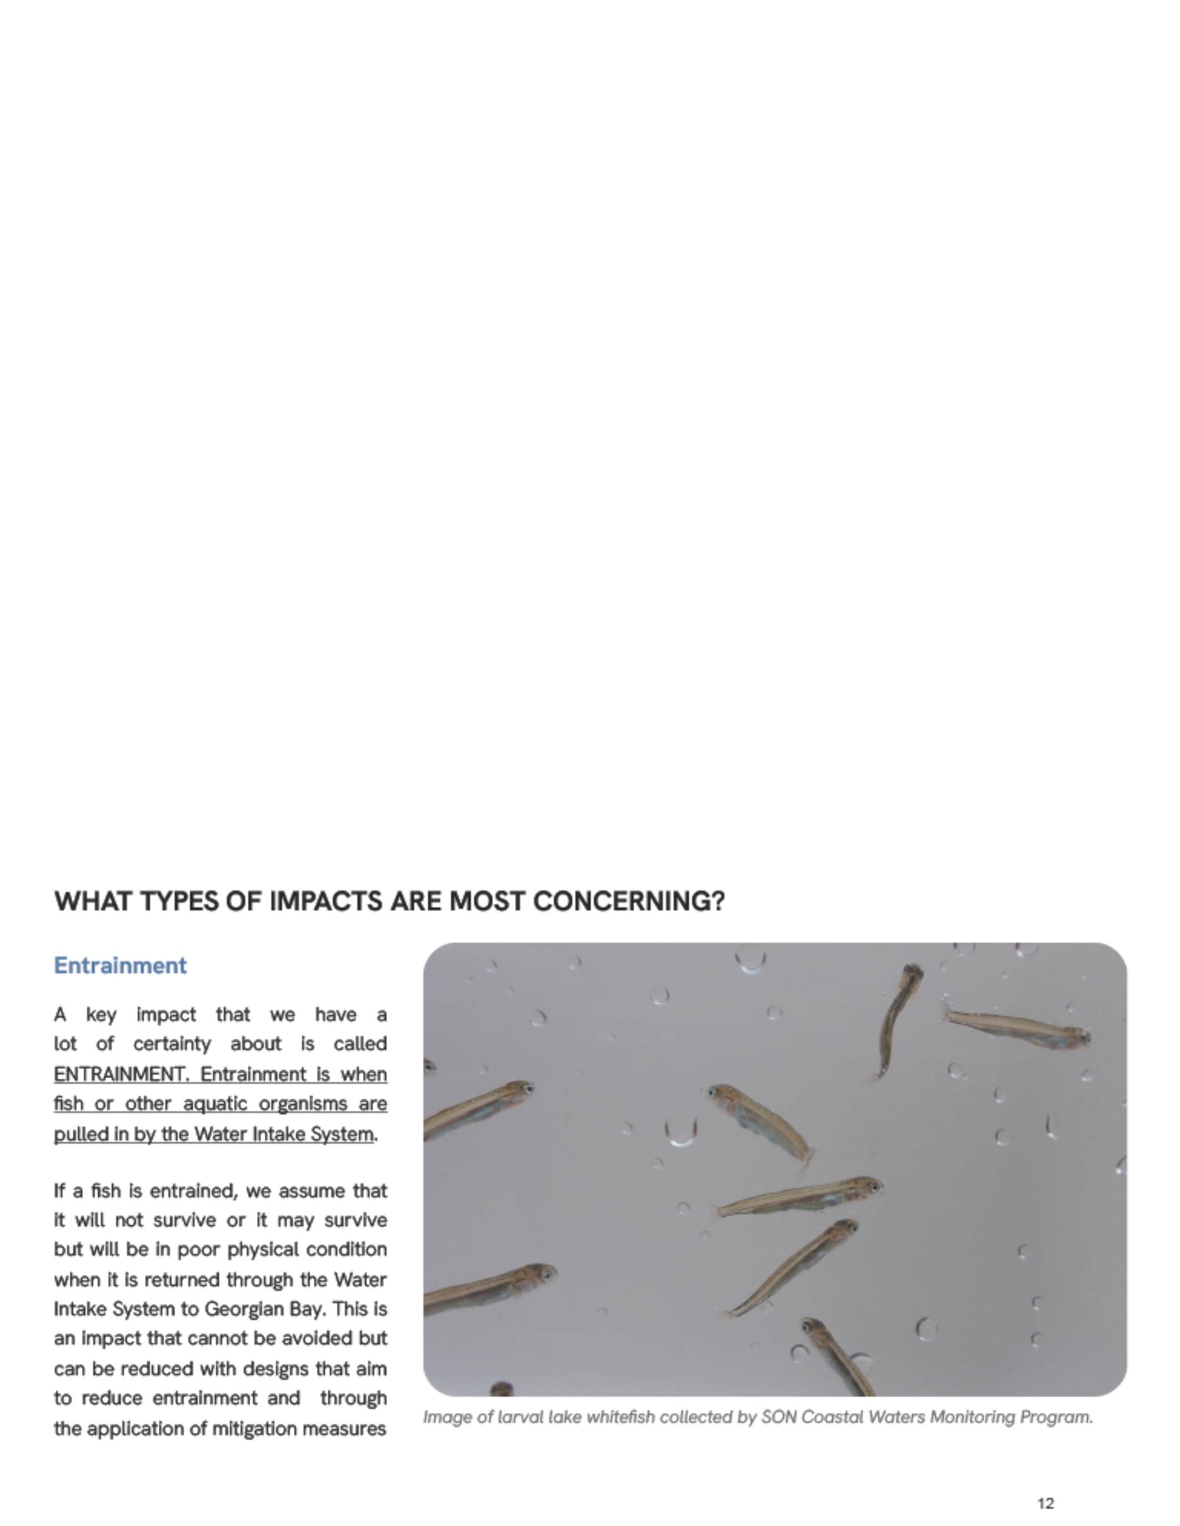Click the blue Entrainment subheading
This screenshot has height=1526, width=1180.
[120, 966]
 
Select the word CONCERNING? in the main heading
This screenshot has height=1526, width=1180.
[629, 901]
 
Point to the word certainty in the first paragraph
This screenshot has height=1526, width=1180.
[172, 1044]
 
